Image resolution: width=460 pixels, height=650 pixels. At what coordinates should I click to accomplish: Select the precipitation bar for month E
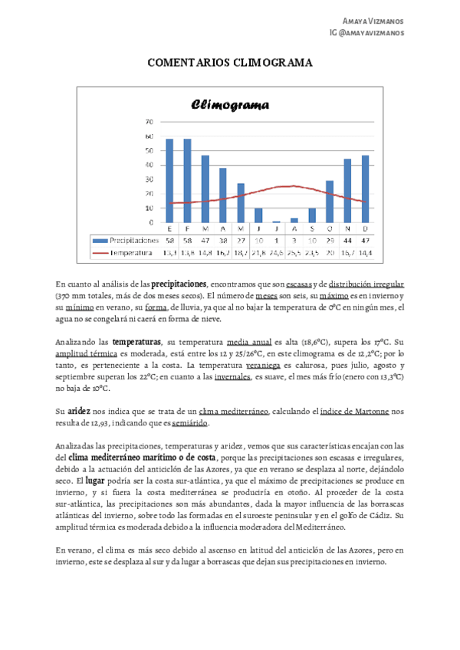click(x=169, y=180)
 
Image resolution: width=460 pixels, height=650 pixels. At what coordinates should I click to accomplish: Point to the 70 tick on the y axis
click(x=149, y=121)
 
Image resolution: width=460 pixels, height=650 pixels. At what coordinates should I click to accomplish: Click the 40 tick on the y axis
click(x=149, y=165)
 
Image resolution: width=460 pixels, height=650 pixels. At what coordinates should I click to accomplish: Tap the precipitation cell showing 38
click(x=222, y=239)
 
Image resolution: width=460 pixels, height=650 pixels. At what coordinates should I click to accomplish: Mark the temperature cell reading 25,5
click(x=293, y=251)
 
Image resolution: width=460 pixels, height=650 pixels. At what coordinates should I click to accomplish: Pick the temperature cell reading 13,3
click(x=169, y=251)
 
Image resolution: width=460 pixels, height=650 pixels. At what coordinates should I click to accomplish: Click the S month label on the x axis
click(x=311, y=228)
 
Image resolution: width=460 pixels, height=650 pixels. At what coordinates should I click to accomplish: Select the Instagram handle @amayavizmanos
click(x=377, y=33)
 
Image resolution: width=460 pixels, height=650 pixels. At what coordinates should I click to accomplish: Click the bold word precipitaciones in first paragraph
click(x=179, y=283)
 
